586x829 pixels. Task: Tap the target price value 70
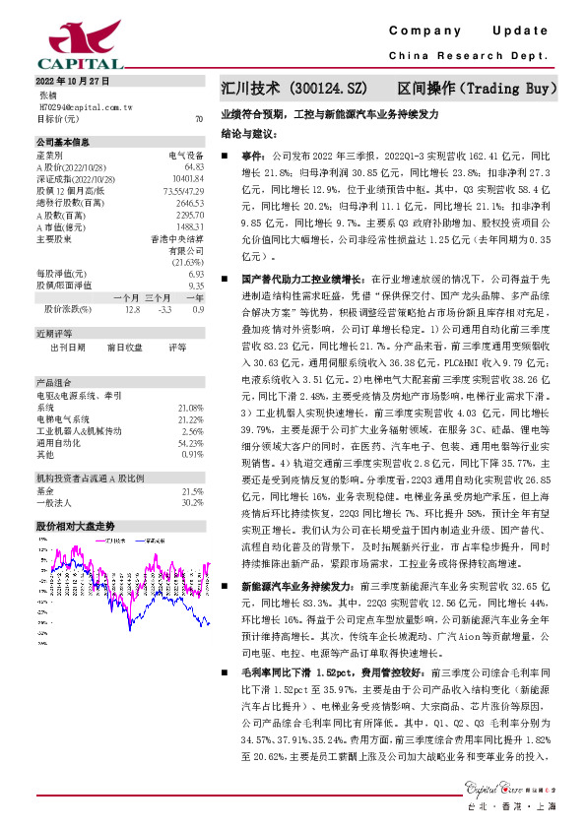[x=199, y=118]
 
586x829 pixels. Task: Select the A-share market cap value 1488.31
[x=189, y=225]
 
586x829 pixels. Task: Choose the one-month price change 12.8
[x=133, y=308]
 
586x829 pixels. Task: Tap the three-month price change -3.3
[x=164, y=308]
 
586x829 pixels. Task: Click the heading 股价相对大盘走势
[x=76, y=527]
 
